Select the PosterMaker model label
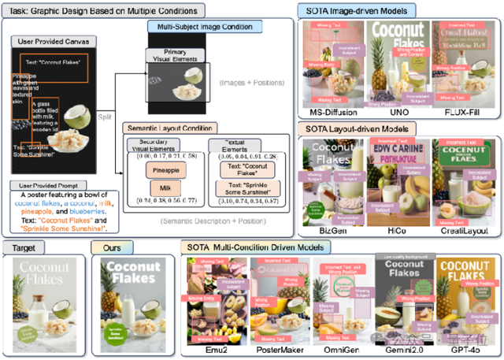[x=276, y=347]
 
